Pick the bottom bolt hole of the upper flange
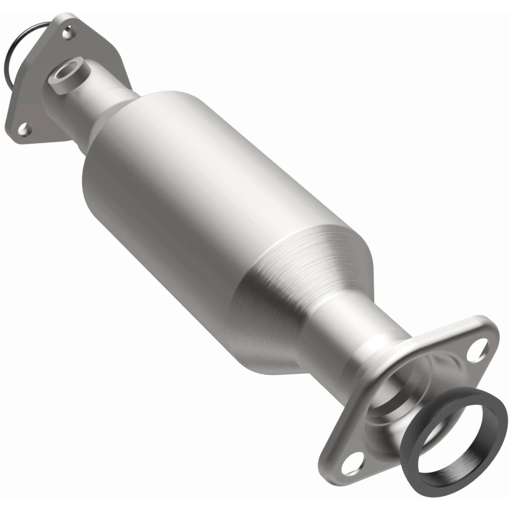click(24, 130)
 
